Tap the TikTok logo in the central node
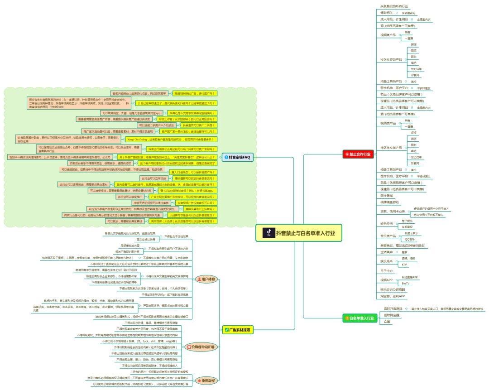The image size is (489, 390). (268, 233)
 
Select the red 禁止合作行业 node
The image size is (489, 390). (358, 154)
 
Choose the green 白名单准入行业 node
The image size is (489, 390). (359, 318)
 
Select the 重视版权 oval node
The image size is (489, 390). (206, 380)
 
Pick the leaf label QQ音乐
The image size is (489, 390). (409, 239)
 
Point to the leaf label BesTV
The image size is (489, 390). (406, 283)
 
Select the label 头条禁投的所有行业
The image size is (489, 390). (394, 7)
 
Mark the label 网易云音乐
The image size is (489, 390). (411, 233)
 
